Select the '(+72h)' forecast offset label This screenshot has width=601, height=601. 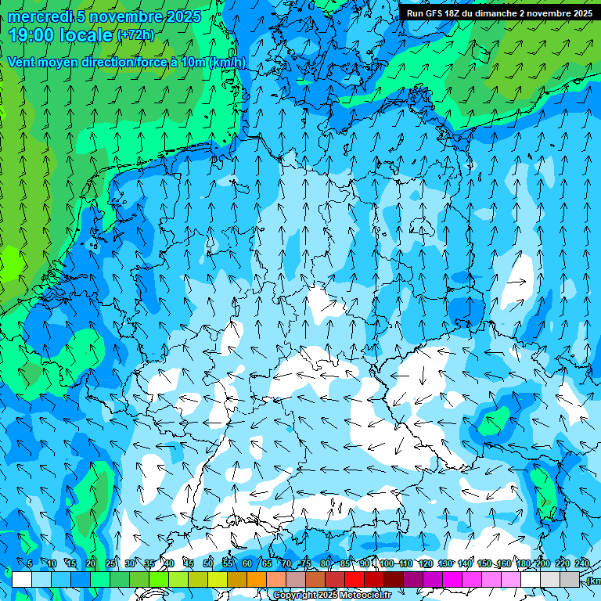tap(135, 35)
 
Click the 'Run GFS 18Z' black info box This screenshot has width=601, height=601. tap(499, 13)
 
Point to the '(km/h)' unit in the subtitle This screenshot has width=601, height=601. tap(228, 63)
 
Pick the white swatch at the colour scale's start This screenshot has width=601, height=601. tap(22, 579)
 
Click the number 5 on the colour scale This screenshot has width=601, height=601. tap(30, 563)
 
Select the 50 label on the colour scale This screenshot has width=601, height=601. tap(208, 563)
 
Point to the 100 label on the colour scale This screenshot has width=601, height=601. tap(386, 563)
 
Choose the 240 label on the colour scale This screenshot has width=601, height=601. tap(582, 563)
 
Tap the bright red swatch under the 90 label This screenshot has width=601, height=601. tap(354, 579)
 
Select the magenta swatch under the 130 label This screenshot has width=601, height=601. tap(452, 579)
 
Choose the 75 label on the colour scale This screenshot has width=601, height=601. tap(306, 563)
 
